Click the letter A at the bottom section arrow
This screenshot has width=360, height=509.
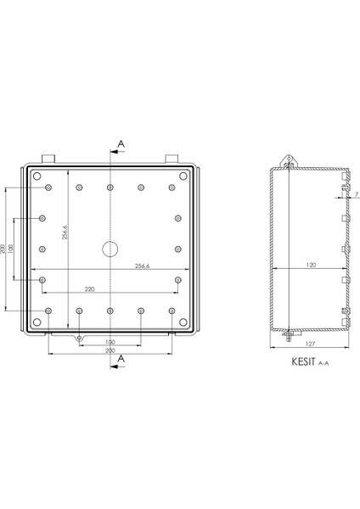(x=121, y=359)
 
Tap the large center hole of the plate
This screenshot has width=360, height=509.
(x=111, y=249)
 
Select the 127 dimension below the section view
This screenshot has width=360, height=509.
(x=310, y=344)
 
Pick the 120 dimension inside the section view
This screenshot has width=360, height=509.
(x=310, y=266)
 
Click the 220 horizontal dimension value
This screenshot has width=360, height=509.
(x=79, y=289)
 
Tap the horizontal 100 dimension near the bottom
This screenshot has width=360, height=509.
(x=110, y=344)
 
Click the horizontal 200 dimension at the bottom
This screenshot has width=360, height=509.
(x=110, y=350)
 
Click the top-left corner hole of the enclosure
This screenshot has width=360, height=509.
(x=37, y=176)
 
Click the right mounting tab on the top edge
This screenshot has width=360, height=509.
(x=172, y=159)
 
